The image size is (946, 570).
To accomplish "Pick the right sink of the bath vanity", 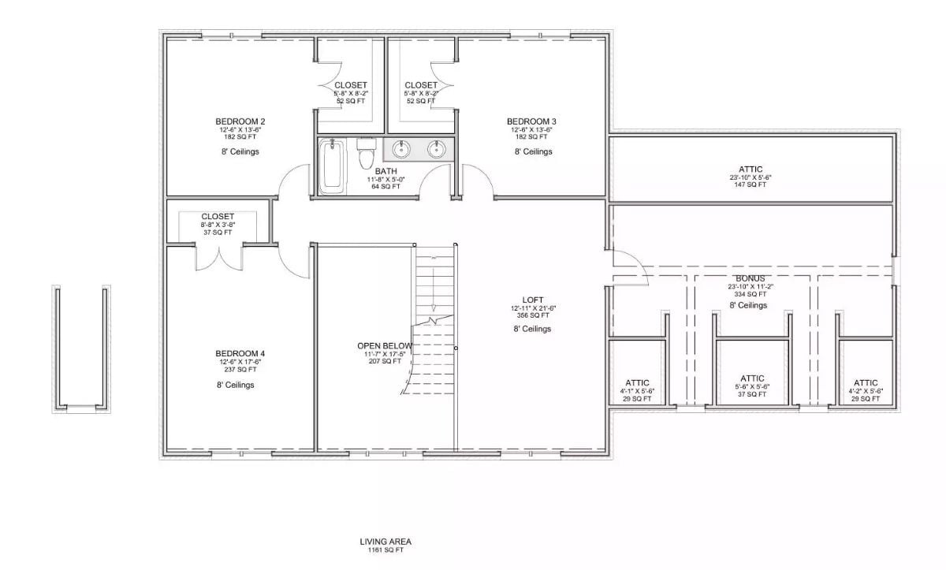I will (436, 149).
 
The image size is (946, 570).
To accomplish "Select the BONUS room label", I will (748, 278).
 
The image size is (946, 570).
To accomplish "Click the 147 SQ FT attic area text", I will (750, 185).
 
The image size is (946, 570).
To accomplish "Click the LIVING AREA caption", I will (385, 542).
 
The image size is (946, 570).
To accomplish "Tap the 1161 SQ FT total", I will (385, 550).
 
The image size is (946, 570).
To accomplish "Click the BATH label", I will (385, 171).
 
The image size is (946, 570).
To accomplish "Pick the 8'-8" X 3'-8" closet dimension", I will (218, 225).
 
